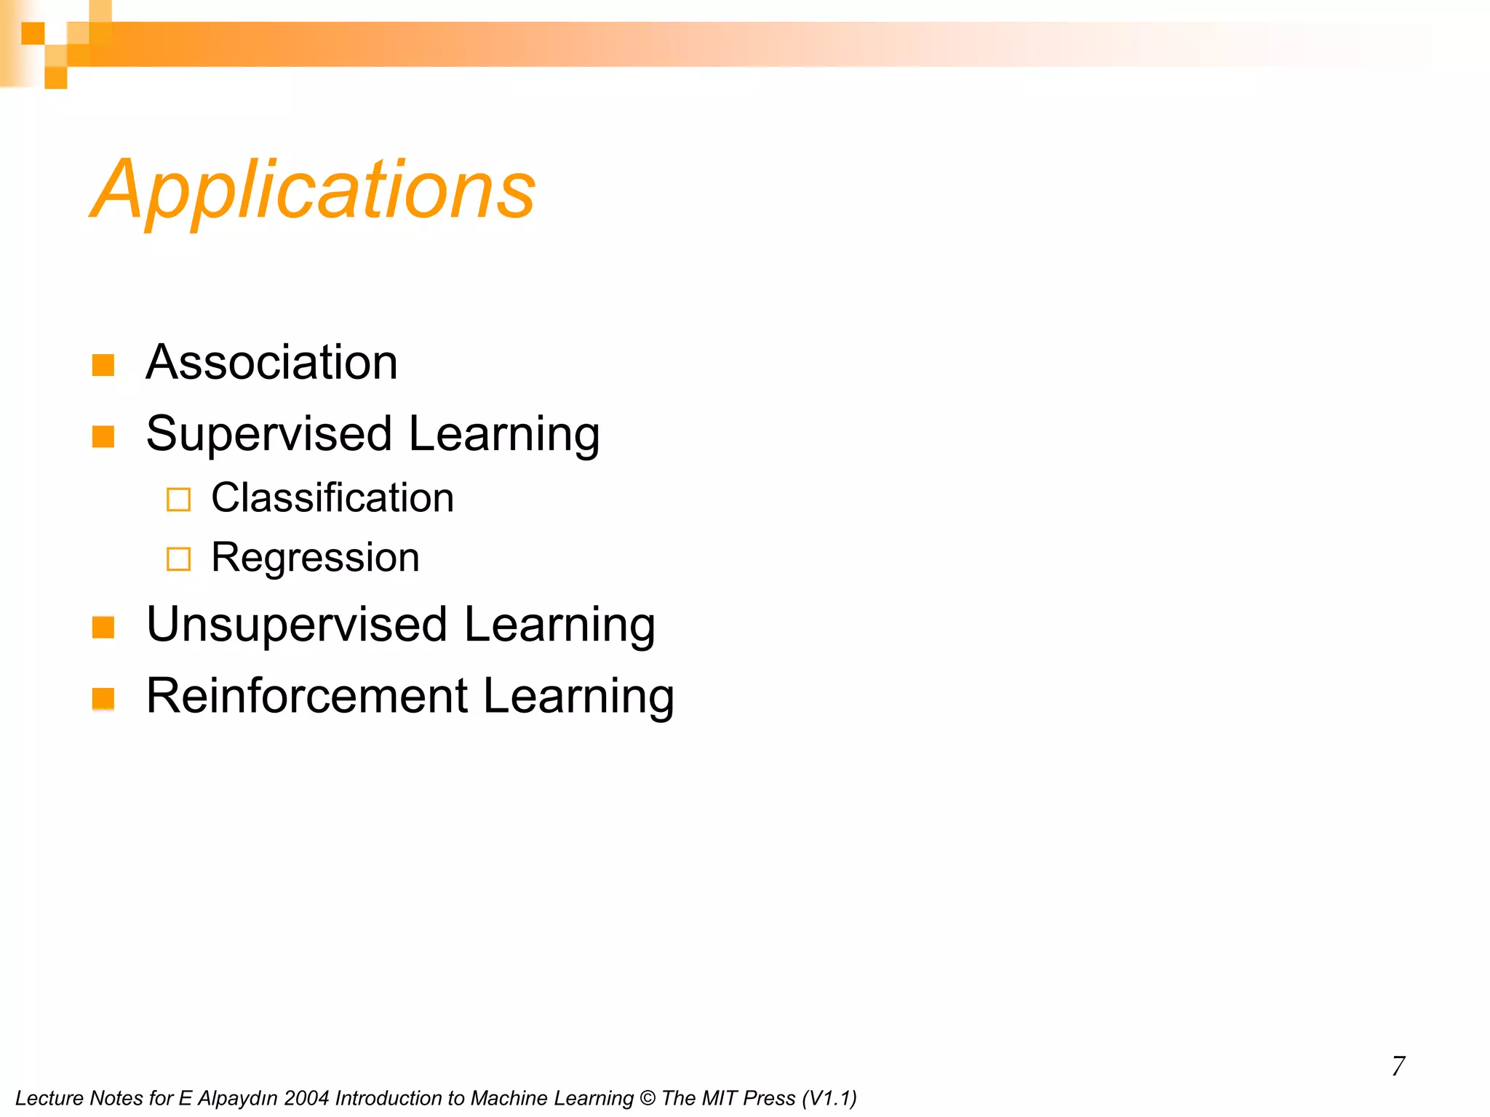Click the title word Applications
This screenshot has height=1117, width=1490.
313,191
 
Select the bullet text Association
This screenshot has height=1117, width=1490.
271,362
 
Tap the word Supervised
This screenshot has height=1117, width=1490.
269,434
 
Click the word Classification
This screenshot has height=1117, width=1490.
332,498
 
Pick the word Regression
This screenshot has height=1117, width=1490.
315,558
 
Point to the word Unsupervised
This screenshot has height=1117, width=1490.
297,625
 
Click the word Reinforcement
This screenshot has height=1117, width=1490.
306,696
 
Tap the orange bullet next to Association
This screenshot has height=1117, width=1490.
103,365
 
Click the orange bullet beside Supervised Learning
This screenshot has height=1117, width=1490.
103,436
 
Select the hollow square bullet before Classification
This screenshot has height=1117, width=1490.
178,500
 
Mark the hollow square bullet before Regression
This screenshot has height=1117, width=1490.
178,559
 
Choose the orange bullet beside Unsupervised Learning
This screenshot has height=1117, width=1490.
103,627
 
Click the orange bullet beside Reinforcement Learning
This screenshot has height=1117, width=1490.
103,698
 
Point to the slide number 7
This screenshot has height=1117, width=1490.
1398,1066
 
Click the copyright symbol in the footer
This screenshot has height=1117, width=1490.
647,1098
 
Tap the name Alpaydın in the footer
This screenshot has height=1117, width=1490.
237,1098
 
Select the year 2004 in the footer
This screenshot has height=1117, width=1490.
306,1098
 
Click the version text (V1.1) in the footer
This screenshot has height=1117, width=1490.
829,1098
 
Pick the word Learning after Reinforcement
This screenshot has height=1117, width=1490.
578,696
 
